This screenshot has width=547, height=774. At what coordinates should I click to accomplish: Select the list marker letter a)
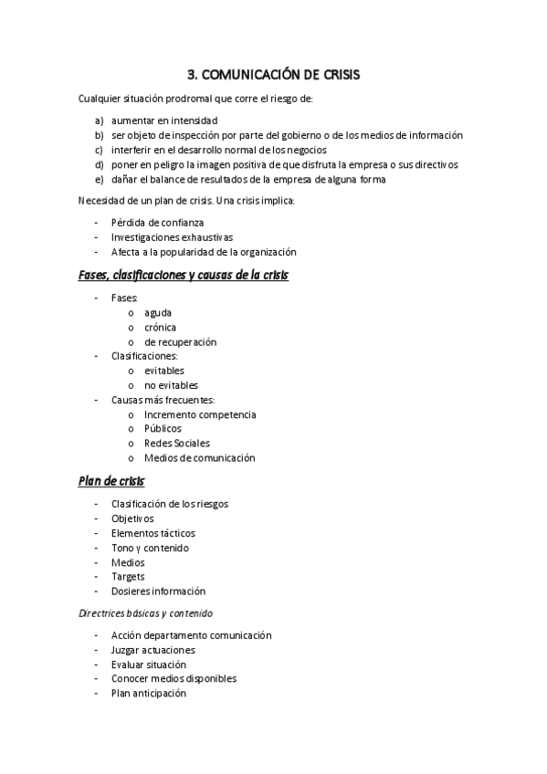click(99, 120)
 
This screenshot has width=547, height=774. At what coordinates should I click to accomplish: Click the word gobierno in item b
click(292, 135)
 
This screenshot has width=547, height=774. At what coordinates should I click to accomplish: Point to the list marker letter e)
click(99, 179)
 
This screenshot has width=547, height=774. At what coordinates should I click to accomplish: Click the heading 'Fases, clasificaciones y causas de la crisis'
click(184, 275)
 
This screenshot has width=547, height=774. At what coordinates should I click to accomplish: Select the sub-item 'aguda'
click(158, 312)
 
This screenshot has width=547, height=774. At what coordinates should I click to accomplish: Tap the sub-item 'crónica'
click(161, 327)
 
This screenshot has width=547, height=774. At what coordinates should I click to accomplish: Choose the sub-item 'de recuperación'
click(181, 341)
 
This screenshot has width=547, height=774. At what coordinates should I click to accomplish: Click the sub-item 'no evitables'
click(171, 385)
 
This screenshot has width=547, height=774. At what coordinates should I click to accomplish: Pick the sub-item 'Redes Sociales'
click(176, 443)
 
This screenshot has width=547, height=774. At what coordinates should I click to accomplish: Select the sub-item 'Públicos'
click(163, 428)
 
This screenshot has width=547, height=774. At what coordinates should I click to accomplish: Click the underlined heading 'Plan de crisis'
click(111, 480)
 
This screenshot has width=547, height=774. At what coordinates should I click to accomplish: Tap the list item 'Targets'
click(128, 577)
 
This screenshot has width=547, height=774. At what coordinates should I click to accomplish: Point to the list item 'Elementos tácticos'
click(153, 533)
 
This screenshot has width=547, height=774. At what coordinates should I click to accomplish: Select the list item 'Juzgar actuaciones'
click(153, 650)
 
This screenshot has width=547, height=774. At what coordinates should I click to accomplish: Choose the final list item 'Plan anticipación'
click(149, 693)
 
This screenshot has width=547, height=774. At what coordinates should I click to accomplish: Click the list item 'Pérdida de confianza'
click(157, 222)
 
